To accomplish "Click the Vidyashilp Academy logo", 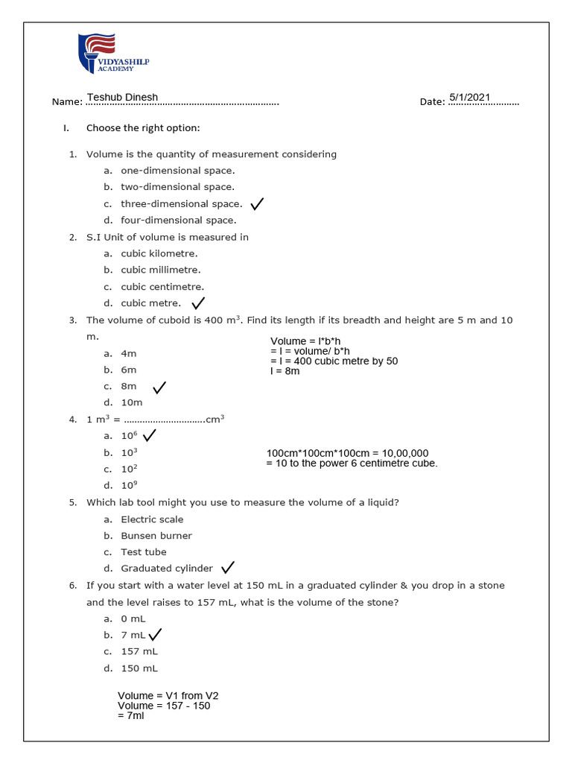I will pos(113,53).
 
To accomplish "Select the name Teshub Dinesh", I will pos(122,97).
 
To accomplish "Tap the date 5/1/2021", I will pos(470,97).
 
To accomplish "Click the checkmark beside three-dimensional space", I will pos(258,203).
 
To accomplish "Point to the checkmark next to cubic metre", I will pos(198,303).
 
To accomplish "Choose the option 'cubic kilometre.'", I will pos(160,253).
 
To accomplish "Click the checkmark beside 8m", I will pos(159,387).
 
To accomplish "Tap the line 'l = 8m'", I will pos(285,370).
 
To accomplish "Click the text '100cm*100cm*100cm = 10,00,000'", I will pos(347,453).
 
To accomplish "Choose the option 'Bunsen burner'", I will pos(156,536).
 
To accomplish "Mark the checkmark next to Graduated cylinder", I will pos(228,568).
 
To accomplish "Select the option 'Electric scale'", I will pos(152,519).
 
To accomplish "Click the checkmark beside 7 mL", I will pos(155,635).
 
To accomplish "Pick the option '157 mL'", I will pos(139,651).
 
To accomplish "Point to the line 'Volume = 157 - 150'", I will pos(164,706).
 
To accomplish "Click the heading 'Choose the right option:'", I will pos(143,127).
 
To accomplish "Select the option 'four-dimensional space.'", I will pos(178,220).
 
